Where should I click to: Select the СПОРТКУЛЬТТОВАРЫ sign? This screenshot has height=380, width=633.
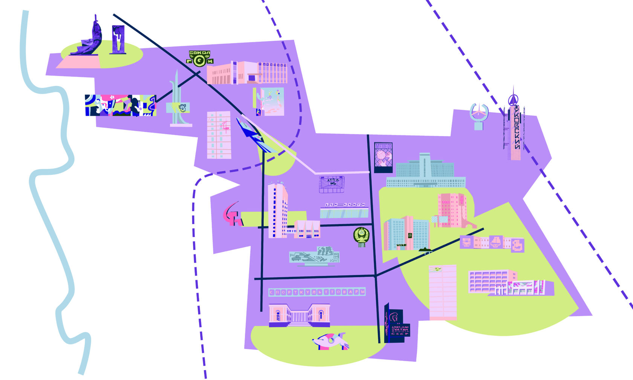pos(317,292)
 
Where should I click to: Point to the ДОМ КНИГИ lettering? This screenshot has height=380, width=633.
pos(344,205)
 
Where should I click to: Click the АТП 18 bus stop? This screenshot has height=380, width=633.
pos(332,184)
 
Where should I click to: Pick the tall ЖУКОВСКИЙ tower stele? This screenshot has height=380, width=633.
pos(514,126)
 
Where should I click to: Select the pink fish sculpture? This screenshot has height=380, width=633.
pos(330,341)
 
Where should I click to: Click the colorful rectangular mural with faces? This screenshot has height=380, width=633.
pos(121,105)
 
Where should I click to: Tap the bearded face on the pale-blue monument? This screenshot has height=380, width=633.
pos(183,108)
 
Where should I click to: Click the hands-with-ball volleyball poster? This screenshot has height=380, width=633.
pos(383,157)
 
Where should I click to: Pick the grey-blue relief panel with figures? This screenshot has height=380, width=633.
pos(314,257)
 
